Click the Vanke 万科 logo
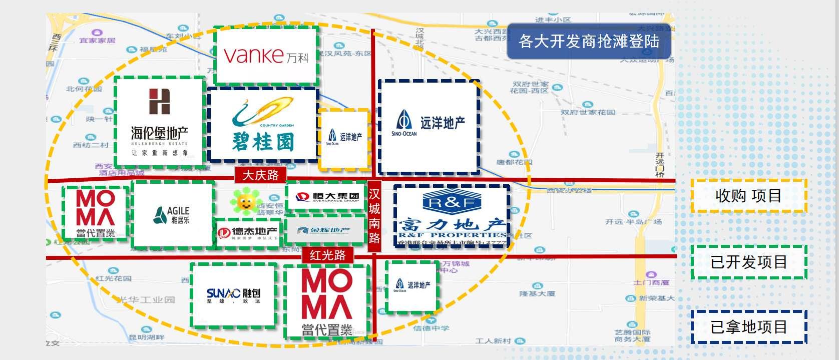266,55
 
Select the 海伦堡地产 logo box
160,121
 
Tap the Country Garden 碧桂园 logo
263,125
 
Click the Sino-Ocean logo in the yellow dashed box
344,137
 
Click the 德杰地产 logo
248,233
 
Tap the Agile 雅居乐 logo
172,215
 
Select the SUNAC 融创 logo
234,295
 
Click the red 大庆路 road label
260,175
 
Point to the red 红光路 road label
328,255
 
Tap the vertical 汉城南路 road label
374,216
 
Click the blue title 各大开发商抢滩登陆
589,41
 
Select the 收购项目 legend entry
748,196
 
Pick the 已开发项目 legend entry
748,262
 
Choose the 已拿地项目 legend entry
748,327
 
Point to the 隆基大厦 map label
537,293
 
